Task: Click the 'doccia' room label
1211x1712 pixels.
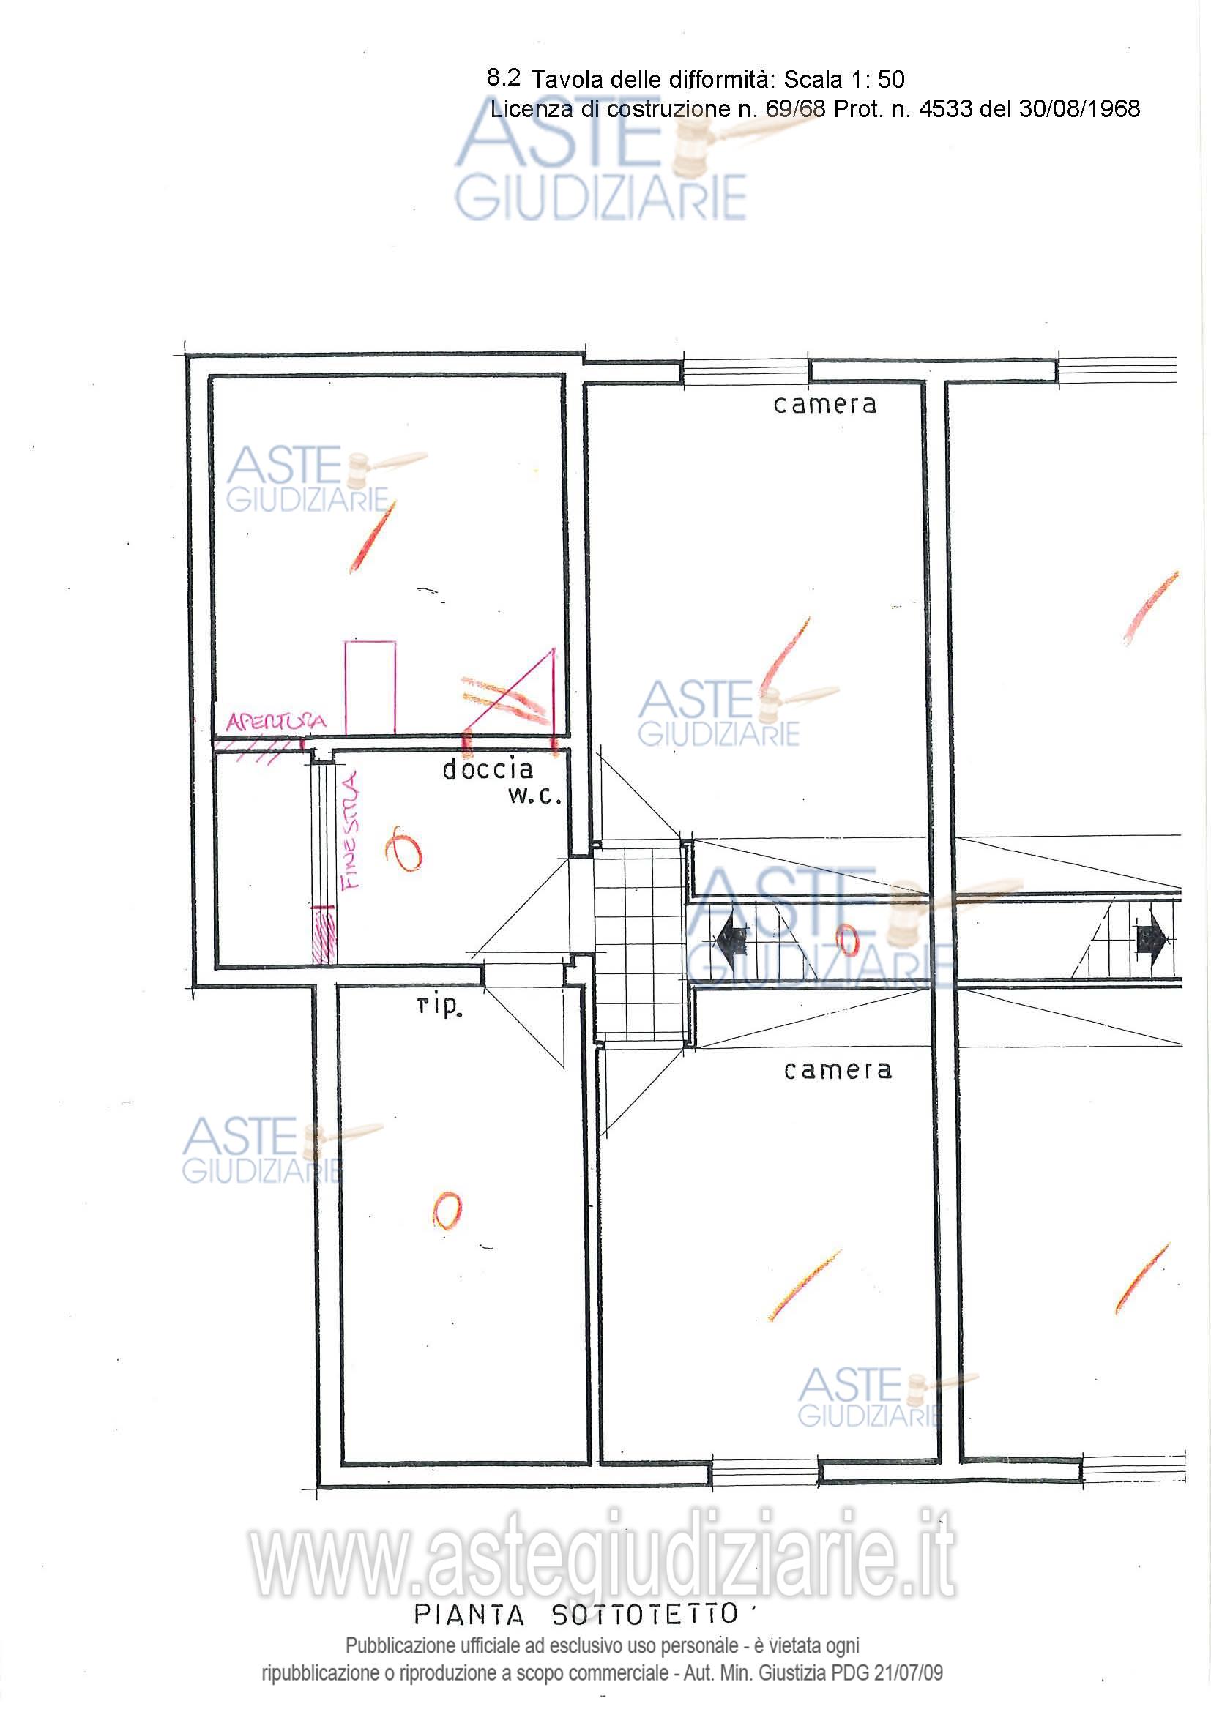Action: (x=488, y=769)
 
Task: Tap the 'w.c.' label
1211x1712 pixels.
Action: (x=534, y=796)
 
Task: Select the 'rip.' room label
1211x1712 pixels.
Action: (x=439, y=1006)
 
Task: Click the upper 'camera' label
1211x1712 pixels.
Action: (x=824, y=405)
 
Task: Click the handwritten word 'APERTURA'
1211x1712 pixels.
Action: (x=277, y=721)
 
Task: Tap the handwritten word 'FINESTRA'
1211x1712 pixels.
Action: (x=350, y=831)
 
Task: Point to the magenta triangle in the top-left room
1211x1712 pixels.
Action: (x=510, y=691)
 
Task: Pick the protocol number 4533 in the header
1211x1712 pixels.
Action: (x=944, y=109)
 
